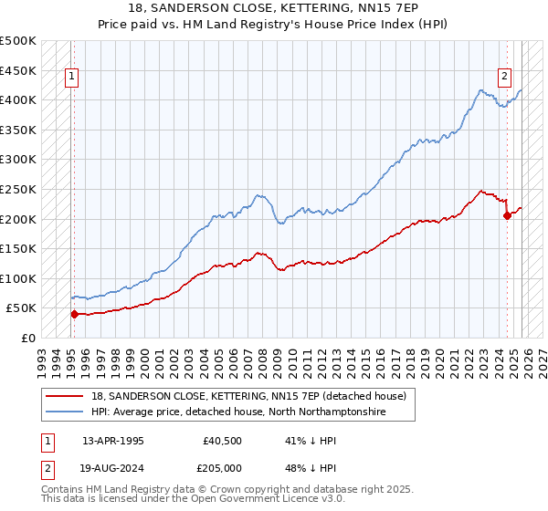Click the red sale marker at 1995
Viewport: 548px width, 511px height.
pos(74,314)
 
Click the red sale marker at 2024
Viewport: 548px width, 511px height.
pos(508,216)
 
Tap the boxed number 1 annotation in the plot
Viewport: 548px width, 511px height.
pos(71,78)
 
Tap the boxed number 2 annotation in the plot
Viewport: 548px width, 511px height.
pos(504,78)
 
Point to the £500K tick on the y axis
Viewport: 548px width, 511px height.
pos(18,41)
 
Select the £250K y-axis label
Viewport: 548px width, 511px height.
pos(18,190)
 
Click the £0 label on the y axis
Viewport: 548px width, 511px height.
pos(27,339)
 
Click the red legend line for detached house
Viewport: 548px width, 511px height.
pos(65,396)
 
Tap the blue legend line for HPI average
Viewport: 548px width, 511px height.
pos(65,412)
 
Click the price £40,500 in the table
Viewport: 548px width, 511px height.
pos(223,440)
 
